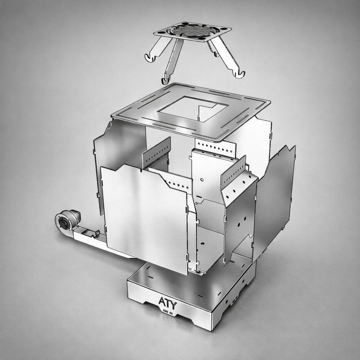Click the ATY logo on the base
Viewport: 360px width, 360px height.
pyautogui.click(x=168, y=303)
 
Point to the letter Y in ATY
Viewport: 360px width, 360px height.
pyautogui.click(x=174, y=305)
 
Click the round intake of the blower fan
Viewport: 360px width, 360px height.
pyautogui.click(x=63, y=222)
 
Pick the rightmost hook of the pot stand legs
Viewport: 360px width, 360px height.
pyautogui.click(x=239, y=75)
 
